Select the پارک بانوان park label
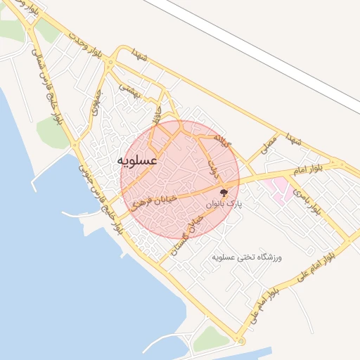[x=224, y=203]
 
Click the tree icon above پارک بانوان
[x=224, y=191]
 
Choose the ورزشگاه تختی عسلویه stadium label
[x=247, y=258]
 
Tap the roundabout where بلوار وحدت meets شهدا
[x=110, y=62]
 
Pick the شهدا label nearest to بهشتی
[x=140, y=57]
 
